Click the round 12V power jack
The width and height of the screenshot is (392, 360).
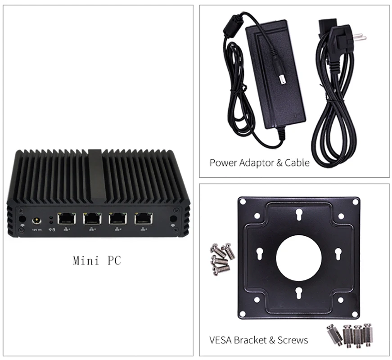35,221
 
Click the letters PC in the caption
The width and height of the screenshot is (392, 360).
114,260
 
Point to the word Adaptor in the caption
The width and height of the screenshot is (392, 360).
255,162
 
